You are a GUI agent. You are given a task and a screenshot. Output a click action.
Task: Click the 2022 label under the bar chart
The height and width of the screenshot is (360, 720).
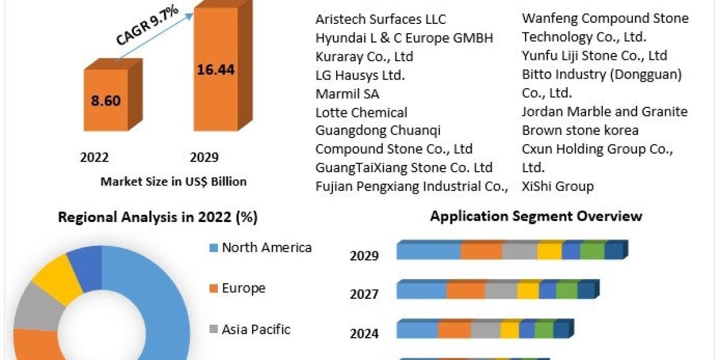[94, 158]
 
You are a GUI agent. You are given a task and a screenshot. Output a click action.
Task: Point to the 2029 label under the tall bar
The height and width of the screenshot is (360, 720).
[204, 158]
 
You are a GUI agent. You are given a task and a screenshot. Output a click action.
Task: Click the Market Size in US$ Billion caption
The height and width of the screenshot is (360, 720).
[173, 181]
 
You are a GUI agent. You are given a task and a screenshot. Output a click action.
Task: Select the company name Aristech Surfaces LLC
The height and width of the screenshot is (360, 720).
[381, 19]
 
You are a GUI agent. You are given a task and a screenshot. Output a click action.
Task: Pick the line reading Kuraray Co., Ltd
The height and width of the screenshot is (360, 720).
[364, 56]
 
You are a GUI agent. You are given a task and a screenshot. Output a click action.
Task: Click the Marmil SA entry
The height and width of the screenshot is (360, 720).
[347, 94]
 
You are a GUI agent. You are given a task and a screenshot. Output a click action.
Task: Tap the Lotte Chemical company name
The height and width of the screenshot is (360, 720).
[361, 112]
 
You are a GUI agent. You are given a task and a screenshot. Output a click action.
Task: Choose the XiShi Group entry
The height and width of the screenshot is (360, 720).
[557, 186]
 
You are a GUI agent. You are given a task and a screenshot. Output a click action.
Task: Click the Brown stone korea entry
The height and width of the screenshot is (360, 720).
[580, 130]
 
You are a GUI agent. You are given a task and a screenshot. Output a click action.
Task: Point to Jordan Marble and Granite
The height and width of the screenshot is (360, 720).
[605, 112]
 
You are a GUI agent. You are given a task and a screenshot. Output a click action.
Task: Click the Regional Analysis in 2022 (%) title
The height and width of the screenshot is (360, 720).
[158, 217]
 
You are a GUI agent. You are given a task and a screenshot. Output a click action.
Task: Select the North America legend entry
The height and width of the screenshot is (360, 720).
[266, 247]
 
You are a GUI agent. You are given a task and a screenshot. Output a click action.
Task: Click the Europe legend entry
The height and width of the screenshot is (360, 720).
[243, 288]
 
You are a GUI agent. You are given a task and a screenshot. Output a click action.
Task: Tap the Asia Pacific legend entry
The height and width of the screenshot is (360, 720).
[256, 329]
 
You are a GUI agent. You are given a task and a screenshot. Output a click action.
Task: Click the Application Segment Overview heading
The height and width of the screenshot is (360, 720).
[536, 216]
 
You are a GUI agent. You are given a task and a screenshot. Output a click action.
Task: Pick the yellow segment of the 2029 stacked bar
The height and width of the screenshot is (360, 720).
[550, 251]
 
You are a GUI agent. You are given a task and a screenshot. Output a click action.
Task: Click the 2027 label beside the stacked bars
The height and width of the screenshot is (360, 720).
[364, 294]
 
